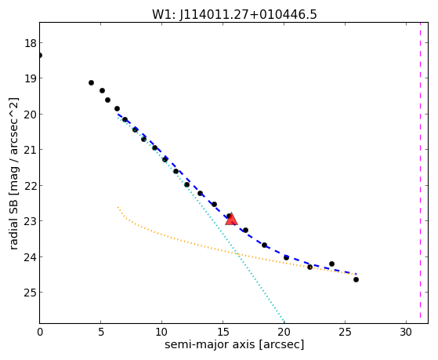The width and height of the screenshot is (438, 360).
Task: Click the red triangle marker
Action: click(x=231, y=220)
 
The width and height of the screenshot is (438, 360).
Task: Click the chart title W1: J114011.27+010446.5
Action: click(x=234, y=15)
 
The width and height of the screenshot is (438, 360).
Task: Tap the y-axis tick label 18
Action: click(x=30, y=43)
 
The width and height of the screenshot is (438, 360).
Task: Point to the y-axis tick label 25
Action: click(x=30, y=293)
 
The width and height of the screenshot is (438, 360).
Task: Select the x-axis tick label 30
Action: click(x=406, y=333)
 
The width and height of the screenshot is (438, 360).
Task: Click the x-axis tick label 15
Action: click(x=223, y=333)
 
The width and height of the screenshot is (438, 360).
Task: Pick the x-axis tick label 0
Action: click(x=40, y=333)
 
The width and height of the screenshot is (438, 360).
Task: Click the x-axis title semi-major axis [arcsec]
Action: click(x=234, y=344)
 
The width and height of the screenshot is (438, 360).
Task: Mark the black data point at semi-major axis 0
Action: click(x=40, y=56)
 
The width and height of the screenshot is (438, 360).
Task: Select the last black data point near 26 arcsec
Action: click(x=356, y=279)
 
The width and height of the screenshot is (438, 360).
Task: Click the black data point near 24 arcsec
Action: click(x=331, y=264)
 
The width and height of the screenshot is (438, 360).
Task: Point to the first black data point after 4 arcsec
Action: click(x=91, y=83)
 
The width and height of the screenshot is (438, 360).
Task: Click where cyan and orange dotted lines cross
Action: click(x=237, y=253)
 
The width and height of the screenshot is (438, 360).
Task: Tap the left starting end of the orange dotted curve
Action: click(x=118, y=207)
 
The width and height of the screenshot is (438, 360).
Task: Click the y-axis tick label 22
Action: click(x=30, y=186)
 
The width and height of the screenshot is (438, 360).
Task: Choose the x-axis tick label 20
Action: click(x=284, y=333)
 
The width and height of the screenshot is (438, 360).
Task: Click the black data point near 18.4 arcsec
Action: click(x=264, y=245)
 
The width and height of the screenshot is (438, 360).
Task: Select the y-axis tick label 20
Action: click(x=30, y=115)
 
